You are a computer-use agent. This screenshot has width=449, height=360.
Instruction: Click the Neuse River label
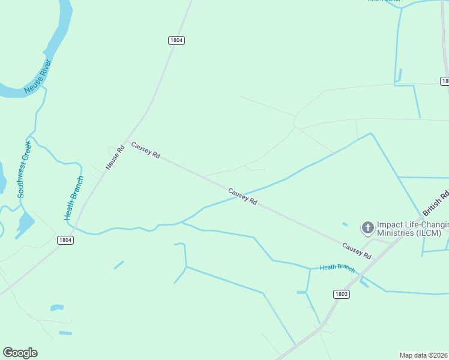38,76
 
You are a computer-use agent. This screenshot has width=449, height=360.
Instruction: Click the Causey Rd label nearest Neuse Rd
146,150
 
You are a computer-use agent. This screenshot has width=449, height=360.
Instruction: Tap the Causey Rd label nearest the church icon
357,251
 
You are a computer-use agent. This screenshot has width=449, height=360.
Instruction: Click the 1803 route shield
341,294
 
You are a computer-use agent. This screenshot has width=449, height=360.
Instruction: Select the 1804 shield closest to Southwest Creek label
65,240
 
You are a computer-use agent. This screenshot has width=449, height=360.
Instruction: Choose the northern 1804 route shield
176,40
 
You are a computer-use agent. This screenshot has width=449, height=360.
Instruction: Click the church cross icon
367,227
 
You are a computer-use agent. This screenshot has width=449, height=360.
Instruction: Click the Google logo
20,353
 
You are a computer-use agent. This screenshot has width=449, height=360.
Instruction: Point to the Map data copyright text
423,355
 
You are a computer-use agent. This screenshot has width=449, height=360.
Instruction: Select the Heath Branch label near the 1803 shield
337,268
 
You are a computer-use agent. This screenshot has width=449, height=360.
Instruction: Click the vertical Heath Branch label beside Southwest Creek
74,197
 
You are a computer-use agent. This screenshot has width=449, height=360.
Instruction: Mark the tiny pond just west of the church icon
345,225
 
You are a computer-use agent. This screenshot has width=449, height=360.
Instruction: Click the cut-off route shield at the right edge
445,81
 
